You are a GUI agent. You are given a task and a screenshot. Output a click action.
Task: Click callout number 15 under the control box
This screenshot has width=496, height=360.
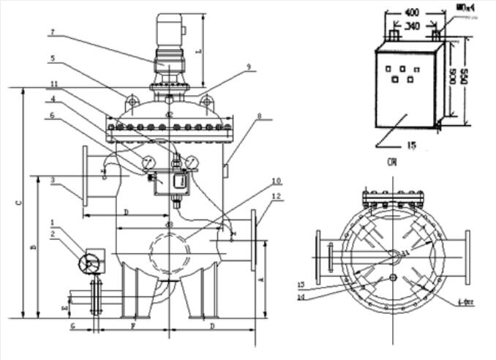(x=410, y=146)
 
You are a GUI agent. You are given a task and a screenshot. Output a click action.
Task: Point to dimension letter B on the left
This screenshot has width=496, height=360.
(x=33, y=247)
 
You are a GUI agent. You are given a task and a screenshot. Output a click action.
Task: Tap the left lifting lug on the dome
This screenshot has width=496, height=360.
(x=131, y=100)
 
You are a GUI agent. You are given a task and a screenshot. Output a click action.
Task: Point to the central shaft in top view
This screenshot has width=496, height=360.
(x=394, y=255)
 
